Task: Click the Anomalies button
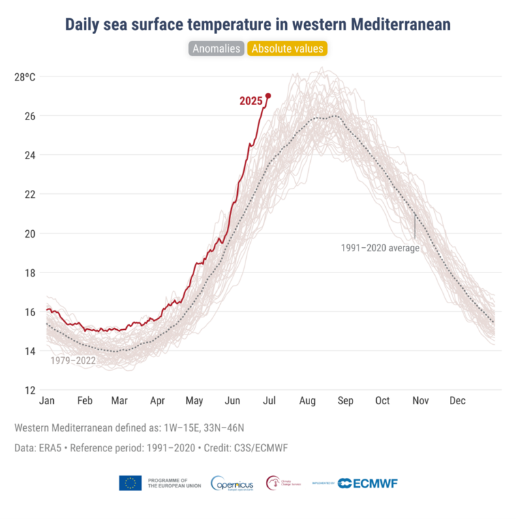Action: [216, 48]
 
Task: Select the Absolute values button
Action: [288, 48]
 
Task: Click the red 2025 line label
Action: [251, 101]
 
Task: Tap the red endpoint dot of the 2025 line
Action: [268, 96]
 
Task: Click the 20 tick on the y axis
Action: [31, 234]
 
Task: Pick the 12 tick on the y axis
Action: [31, 391]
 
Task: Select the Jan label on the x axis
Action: [47, 401]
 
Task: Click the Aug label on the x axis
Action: [307, 401]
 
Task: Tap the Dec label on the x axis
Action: [457, 401]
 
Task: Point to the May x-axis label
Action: [194, 401]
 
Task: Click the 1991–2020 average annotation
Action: [380, 248]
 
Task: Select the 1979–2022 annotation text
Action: [73, 360]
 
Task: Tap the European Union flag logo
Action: [130, 483]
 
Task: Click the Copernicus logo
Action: [233, 483]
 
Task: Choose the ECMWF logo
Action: [367, 483]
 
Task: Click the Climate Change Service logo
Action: [284, 483]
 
